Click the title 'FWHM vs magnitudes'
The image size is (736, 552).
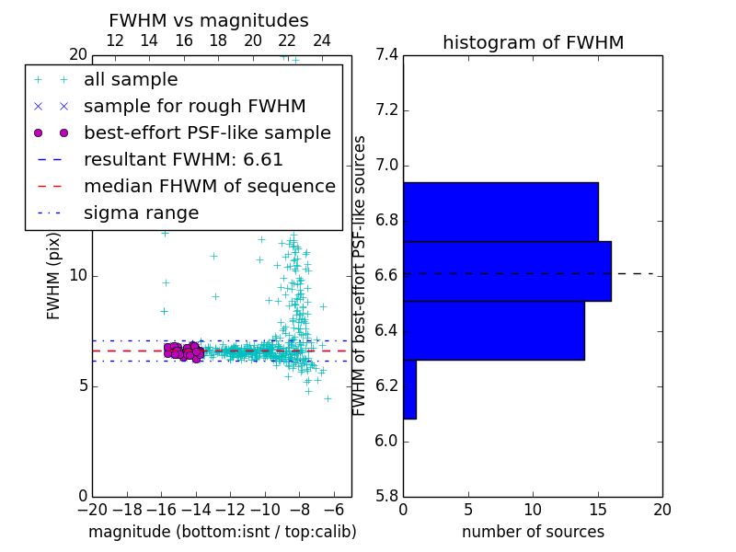[x=208, y=20]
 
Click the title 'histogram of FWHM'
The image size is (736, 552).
[x=533, y=42]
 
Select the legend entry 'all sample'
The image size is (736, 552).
[x=131, y=80]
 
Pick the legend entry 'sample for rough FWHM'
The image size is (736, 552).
[x=195, y=106]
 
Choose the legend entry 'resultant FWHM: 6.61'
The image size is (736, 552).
[x=183, y=159]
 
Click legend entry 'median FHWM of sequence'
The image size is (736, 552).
[x=209, y=186]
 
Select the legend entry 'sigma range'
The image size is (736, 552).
[x=141, y=213]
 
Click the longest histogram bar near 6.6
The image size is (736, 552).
[x=507, y=270]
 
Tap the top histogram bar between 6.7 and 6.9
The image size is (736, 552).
[x=500, y=212]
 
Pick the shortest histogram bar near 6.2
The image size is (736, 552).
[x=409, y=389]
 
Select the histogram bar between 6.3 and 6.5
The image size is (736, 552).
[x=493, y=330]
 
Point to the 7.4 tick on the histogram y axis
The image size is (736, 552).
[x=387, y=55]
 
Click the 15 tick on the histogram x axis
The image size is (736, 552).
[x=598, y=509]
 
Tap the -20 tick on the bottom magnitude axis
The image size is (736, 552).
[x=92, y=509]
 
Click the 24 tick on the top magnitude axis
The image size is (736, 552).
[x=322, y=40]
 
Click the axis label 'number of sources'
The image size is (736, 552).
[x=533, y=532]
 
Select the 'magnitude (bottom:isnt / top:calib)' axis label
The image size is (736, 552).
[x=222, y=532]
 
